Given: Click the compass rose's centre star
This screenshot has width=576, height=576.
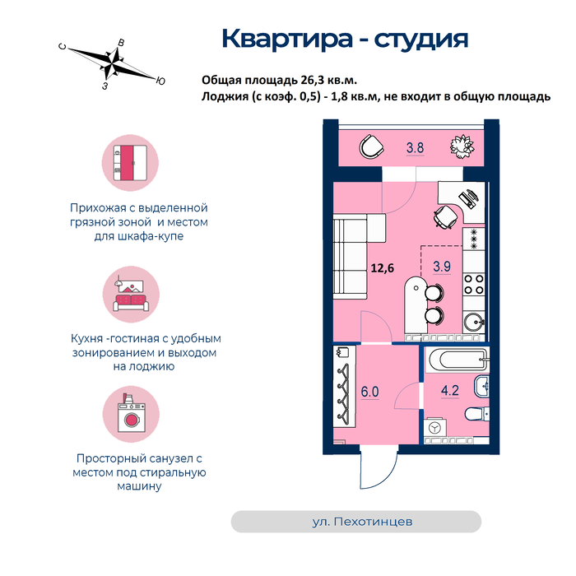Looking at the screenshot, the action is click(112, 63).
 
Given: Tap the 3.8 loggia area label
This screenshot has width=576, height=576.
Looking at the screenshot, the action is click(415, 147).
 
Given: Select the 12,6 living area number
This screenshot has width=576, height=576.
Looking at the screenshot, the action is click(383, 267).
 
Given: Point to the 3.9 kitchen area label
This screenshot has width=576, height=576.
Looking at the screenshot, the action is click(442, 266).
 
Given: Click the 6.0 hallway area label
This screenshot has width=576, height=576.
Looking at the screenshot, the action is click(369, 392).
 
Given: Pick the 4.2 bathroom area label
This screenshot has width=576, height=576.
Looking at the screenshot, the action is click(450, 390).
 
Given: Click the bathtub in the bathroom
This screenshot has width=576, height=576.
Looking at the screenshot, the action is click(457, 360).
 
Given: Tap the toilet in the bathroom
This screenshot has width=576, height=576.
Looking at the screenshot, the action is click(477, 414).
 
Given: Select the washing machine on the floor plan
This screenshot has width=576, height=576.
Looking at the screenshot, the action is click(435, 428).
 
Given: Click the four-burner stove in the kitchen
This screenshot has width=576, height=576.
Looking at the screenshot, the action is click(473, 285).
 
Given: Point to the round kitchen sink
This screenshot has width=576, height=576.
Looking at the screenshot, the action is click(474, 323).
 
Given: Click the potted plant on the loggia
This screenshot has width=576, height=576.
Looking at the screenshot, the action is click(462, 147).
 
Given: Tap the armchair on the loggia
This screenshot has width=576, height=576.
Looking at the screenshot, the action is click(371, 147).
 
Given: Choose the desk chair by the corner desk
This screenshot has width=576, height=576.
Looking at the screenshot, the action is click(446, 217).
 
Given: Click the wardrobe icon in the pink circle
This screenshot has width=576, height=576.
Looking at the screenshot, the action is click(130, 163).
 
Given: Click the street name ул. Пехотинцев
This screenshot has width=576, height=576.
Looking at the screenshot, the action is click(362, 522).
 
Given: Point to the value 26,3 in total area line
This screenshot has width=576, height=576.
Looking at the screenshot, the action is click(314, 80).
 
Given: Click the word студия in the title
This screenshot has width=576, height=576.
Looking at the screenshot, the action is click(421, 39).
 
